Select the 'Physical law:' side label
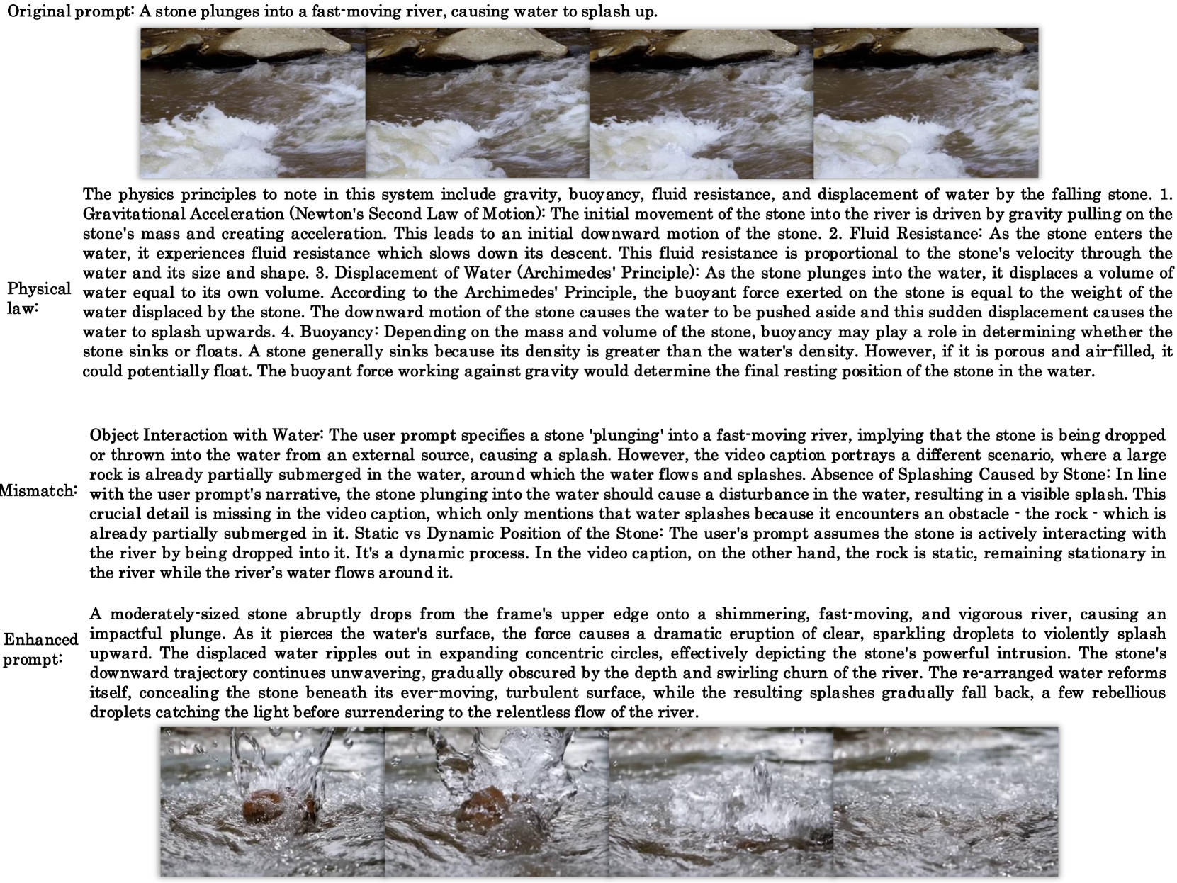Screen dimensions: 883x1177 click(x=39, y=298)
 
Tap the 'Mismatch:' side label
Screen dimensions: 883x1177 click(x=37, y=490)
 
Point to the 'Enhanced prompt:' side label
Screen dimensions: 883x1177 click(x=40, y=648)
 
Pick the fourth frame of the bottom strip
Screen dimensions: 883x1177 click(x=945, y=802)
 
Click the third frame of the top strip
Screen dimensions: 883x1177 click(x=701, y=103)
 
